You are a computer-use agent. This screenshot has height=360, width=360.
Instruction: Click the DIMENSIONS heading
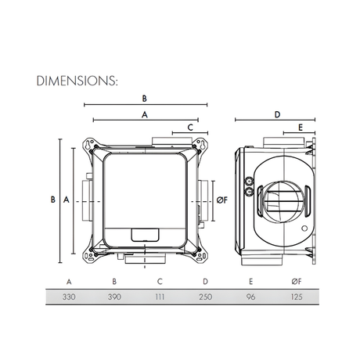point(76,81)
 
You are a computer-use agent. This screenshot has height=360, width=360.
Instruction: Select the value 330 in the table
point(70,297)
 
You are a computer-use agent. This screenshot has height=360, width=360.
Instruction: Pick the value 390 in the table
point(114,297)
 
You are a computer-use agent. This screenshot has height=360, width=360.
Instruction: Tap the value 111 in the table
point(160,297)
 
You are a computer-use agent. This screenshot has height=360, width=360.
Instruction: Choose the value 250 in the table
point(204,297)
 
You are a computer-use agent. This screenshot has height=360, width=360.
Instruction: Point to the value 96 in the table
point(250,297)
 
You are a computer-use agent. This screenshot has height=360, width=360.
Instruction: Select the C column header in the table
point(160,280)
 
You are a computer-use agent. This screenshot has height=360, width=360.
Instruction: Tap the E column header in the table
point(250,280)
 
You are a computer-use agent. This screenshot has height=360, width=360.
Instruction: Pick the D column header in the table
point(204,280)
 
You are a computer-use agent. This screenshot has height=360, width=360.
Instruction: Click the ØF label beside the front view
point(221,200)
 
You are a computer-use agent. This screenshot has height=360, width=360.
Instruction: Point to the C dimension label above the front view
point(190,126)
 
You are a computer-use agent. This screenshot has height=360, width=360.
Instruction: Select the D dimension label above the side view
point(277,114)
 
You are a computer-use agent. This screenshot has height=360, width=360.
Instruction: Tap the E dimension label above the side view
point(300,126)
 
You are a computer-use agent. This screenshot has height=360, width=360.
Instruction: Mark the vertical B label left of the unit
point(52,200)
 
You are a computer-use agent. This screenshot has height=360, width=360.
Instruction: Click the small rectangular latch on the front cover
point(144,233)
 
